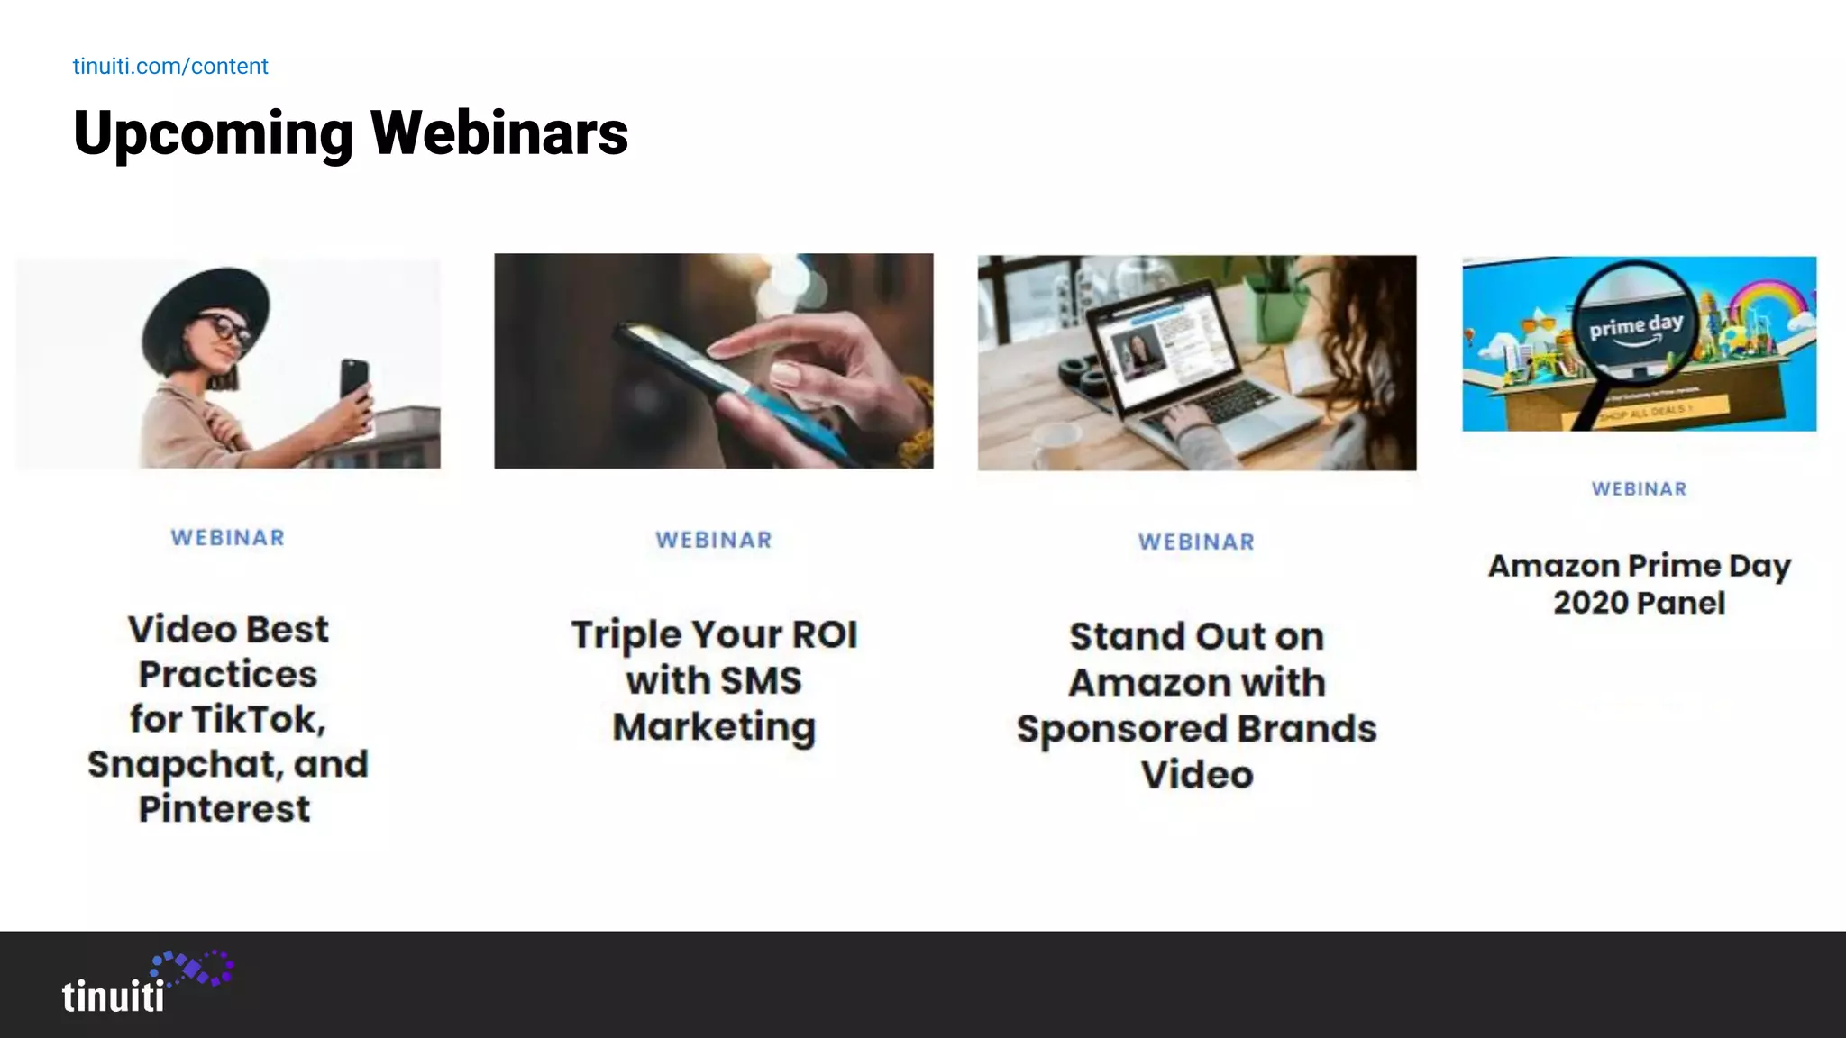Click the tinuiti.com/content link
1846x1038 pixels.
(170, 67)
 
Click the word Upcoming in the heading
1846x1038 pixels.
(213, 133)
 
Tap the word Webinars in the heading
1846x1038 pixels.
(499, 133)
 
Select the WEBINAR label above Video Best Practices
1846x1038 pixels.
(228, 538)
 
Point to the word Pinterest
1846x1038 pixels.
(224, 808)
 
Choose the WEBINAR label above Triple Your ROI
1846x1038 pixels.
(714, 540)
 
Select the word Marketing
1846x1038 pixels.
(714, 726)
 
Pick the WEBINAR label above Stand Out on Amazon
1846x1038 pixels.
(1196, 542)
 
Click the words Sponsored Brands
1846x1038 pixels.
(1196, 729)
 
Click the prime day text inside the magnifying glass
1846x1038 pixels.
(1636, 325)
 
